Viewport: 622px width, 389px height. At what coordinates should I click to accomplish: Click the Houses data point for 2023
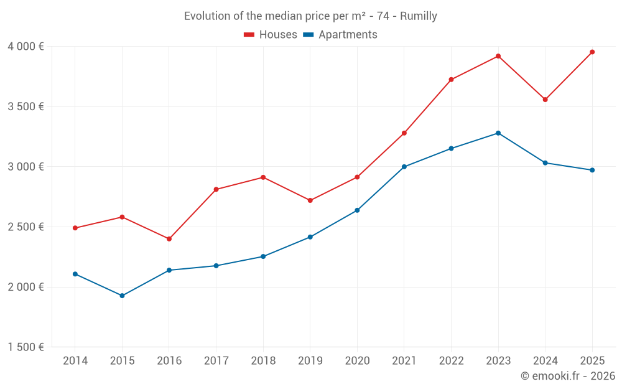pos(498,56)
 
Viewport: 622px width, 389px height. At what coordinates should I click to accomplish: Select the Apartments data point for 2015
pos(122,296)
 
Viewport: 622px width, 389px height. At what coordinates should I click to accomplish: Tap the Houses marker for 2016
pos(169,239)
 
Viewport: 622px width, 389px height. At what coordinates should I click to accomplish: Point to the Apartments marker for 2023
pos(498,133)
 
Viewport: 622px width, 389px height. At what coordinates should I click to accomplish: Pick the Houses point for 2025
pos(592,52)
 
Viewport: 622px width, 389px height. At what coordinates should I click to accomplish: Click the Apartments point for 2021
pos(404,167)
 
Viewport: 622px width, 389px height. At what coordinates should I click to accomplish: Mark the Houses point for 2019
pos(310,200)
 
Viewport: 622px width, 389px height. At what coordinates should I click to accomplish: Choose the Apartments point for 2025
pos(592,170)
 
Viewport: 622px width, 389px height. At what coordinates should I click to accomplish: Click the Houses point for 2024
pos(545,100)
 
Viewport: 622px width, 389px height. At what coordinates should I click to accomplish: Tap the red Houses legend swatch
pos(249,35)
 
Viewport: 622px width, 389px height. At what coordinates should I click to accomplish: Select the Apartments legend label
pos(348,35)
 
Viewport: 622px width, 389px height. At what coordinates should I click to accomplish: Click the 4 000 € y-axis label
pos(26,47)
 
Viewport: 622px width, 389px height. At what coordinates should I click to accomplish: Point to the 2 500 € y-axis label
pos(26,227)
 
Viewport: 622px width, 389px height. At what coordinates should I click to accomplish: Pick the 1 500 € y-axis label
pos(26,347)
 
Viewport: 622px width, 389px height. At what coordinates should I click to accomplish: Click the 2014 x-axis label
pos(75,361)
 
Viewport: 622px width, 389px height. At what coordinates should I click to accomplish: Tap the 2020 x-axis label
pos(357,361)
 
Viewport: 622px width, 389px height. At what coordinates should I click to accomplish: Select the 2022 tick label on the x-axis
pos(451,361)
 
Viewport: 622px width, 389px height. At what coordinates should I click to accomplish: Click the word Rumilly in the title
pos(419,16)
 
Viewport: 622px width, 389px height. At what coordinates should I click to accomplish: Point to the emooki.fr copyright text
pos(567,376)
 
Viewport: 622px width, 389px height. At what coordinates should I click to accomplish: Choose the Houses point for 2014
pos(75,228)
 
